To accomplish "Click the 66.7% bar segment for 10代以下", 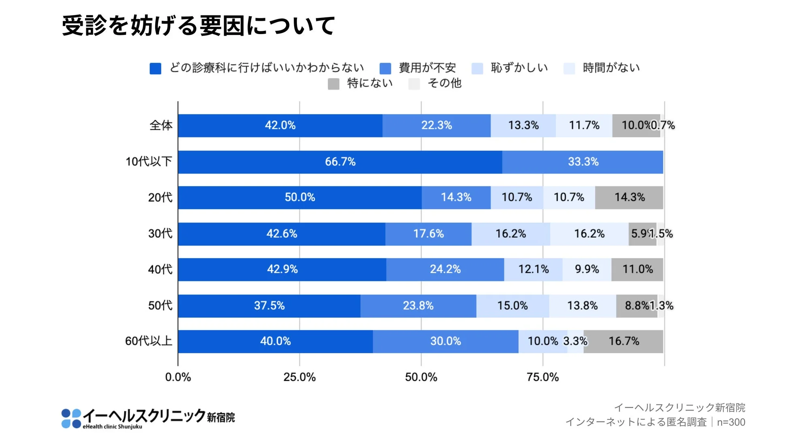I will pyautogui.click(x=340, y=162).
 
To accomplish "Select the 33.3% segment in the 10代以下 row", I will pyautogui.click(x=583, y=162).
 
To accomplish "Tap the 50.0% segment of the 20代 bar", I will pyautogui.click(x=300, y=198).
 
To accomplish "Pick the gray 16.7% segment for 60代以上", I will pyautogui.click(x=623, y=341).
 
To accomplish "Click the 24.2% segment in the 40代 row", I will pyautogui.click(x=445, y=269).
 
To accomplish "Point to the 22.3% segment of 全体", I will pyautogui.click(x=436, y=125).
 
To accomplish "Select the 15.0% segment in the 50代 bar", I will pyautogui.click(x=512, y=305).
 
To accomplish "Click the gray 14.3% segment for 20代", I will pyautogui.click(x=629, y=198).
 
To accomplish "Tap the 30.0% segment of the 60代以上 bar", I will pyautogui.click(x=445, y=341).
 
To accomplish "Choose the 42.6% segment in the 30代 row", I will pyautogui.click(x=282, y=234).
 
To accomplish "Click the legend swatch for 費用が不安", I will pyautogui.click(x=385, y=69).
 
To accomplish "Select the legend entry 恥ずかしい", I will pyautogui.click(x=519, y=68).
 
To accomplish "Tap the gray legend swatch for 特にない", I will pyautogui.click(x=333, y=84).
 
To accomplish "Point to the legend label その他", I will pyautogui.click(x=444, y=83).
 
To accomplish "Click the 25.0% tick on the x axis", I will pyautogui.click(x=299, y=377).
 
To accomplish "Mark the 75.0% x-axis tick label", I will pyautogui.click(x=542, y=377).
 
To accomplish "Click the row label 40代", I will pyautogui.click(x=160, y=269).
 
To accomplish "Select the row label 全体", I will pyautogui.click(x=161, y=125).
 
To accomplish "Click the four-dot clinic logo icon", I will pyautogui.click(x=71, y=419).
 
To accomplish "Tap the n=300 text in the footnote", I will pyautogui.click(x=731, y=422).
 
